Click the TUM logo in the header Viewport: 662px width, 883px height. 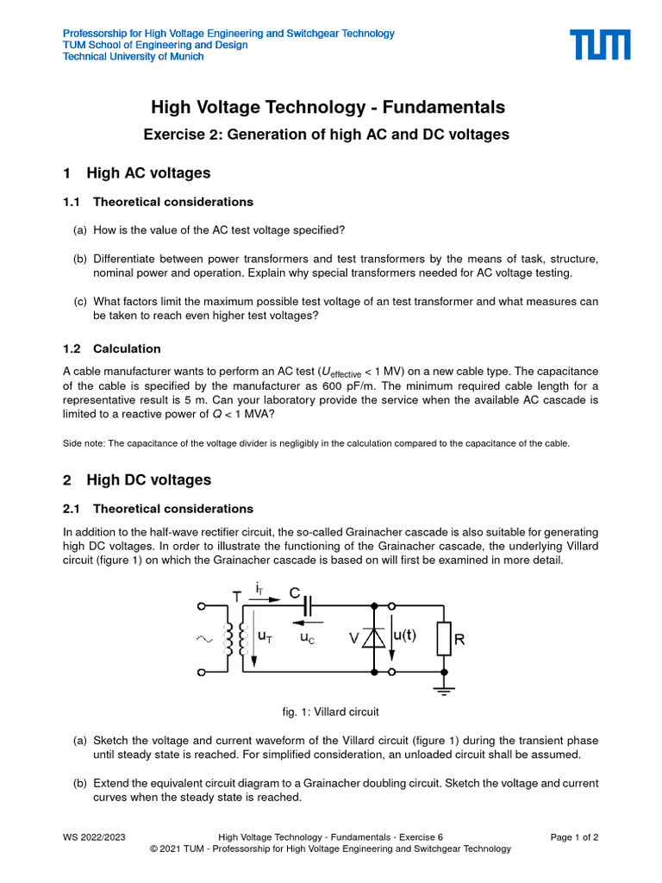599,45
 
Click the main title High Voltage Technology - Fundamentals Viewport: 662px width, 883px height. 328,108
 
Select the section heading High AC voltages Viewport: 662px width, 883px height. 148,173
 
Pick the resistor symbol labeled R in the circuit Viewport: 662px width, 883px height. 443,639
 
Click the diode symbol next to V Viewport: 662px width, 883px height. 374,637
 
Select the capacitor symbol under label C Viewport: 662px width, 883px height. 308,607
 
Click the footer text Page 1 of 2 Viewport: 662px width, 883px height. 574,836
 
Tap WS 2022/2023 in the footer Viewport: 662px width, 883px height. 94,836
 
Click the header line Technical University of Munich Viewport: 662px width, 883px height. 134,57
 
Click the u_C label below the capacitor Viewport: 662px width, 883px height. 308,639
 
